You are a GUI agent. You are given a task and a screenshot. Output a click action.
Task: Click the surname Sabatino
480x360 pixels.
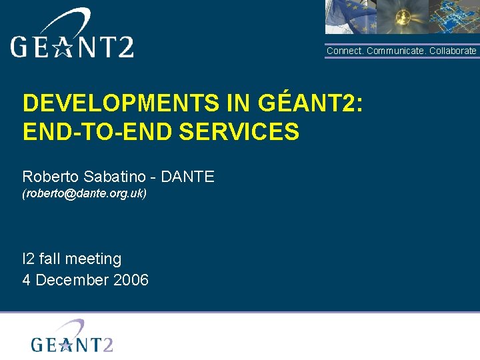point(112,177)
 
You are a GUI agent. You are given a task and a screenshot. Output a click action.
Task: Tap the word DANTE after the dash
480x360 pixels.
point(187,177)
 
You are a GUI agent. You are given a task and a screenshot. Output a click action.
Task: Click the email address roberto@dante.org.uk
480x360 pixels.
point(85,194)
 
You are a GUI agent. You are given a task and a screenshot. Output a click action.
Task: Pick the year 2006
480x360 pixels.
point(131,280)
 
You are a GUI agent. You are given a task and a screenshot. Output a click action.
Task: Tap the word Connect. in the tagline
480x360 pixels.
point(344,51)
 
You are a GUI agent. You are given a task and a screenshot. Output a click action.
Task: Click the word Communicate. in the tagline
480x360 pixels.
point(396,51)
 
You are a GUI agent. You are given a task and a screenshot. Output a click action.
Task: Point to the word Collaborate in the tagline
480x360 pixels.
point(453,51)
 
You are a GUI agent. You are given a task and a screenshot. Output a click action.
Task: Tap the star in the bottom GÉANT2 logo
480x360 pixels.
point(65,344)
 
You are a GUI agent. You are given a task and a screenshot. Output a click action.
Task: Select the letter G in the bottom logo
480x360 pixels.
point(38,344)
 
